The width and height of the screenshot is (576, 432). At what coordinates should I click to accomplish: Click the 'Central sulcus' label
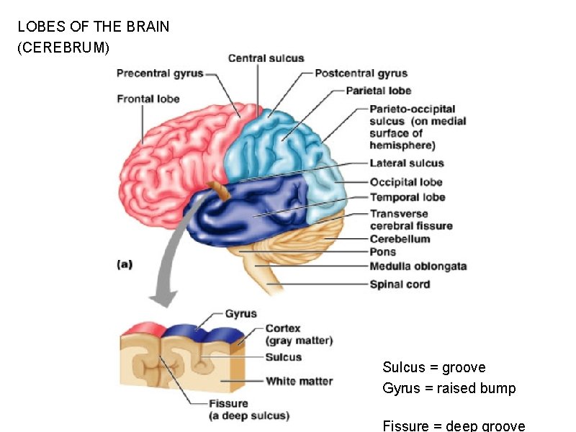tap(266, 58)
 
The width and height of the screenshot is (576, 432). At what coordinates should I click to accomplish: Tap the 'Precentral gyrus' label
tap(160, 73)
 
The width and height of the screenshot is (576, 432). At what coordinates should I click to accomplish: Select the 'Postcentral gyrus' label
tap(361, 73)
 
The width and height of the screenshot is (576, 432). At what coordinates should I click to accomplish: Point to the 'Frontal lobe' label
tap(148, 99)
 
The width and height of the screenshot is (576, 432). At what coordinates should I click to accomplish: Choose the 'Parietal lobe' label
tap(379, 91)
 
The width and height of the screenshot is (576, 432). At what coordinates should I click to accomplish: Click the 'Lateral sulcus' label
tap(407, 163)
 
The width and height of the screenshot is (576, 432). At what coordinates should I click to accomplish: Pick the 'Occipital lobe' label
tap(406, 182)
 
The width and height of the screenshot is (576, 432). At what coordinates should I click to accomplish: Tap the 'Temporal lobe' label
tap(408, 197)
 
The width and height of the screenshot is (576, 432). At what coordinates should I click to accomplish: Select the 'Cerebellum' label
tap(400, 239)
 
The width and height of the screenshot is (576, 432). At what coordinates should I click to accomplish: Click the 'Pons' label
tap(383, 252)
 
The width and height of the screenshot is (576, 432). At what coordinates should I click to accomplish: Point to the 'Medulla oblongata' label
tap(418, 266)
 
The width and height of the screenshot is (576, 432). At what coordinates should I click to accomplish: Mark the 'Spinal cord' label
tap(400, 284)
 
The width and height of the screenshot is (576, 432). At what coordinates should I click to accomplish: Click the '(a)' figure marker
tap(125, 264)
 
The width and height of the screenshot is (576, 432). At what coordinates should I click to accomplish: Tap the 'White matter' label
tap(299, 381)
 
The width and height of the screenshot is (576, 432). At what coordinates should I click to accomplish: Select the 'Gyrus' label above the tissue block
tap(240, 314)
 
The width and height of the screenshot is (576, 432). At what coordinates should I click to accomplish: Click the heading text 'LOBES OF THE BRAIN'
tap(94, 27)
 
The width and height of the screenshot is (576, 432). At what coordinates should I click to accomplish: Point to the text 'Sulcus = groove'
tap(434, 367)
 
